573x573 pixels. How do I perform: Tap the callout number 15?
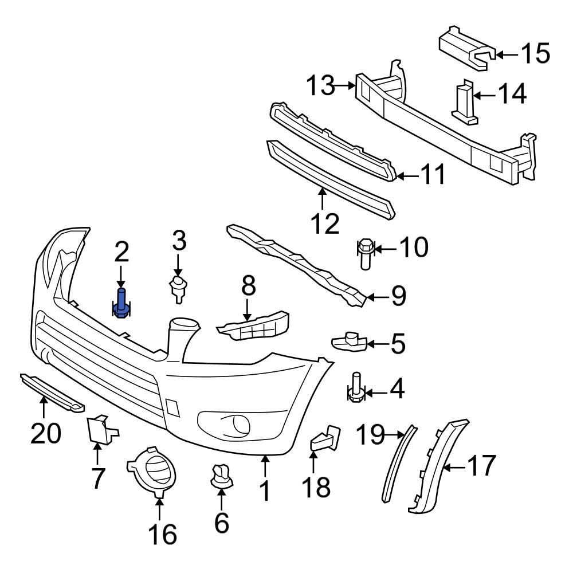pyautogui.click(x=535, y=54)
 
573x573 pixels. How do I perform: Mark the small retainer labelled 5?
pyautogui.click(x=350, y=342)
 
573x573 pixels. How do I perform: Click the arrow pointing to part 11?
pyautogui.click(x=407, y=176)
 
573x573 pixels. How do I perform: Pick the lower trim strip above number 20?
pyautogui.click(x=52, y=392)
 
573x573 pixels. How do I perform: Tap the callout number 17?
pyautogui.click(x=481, y=466)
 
